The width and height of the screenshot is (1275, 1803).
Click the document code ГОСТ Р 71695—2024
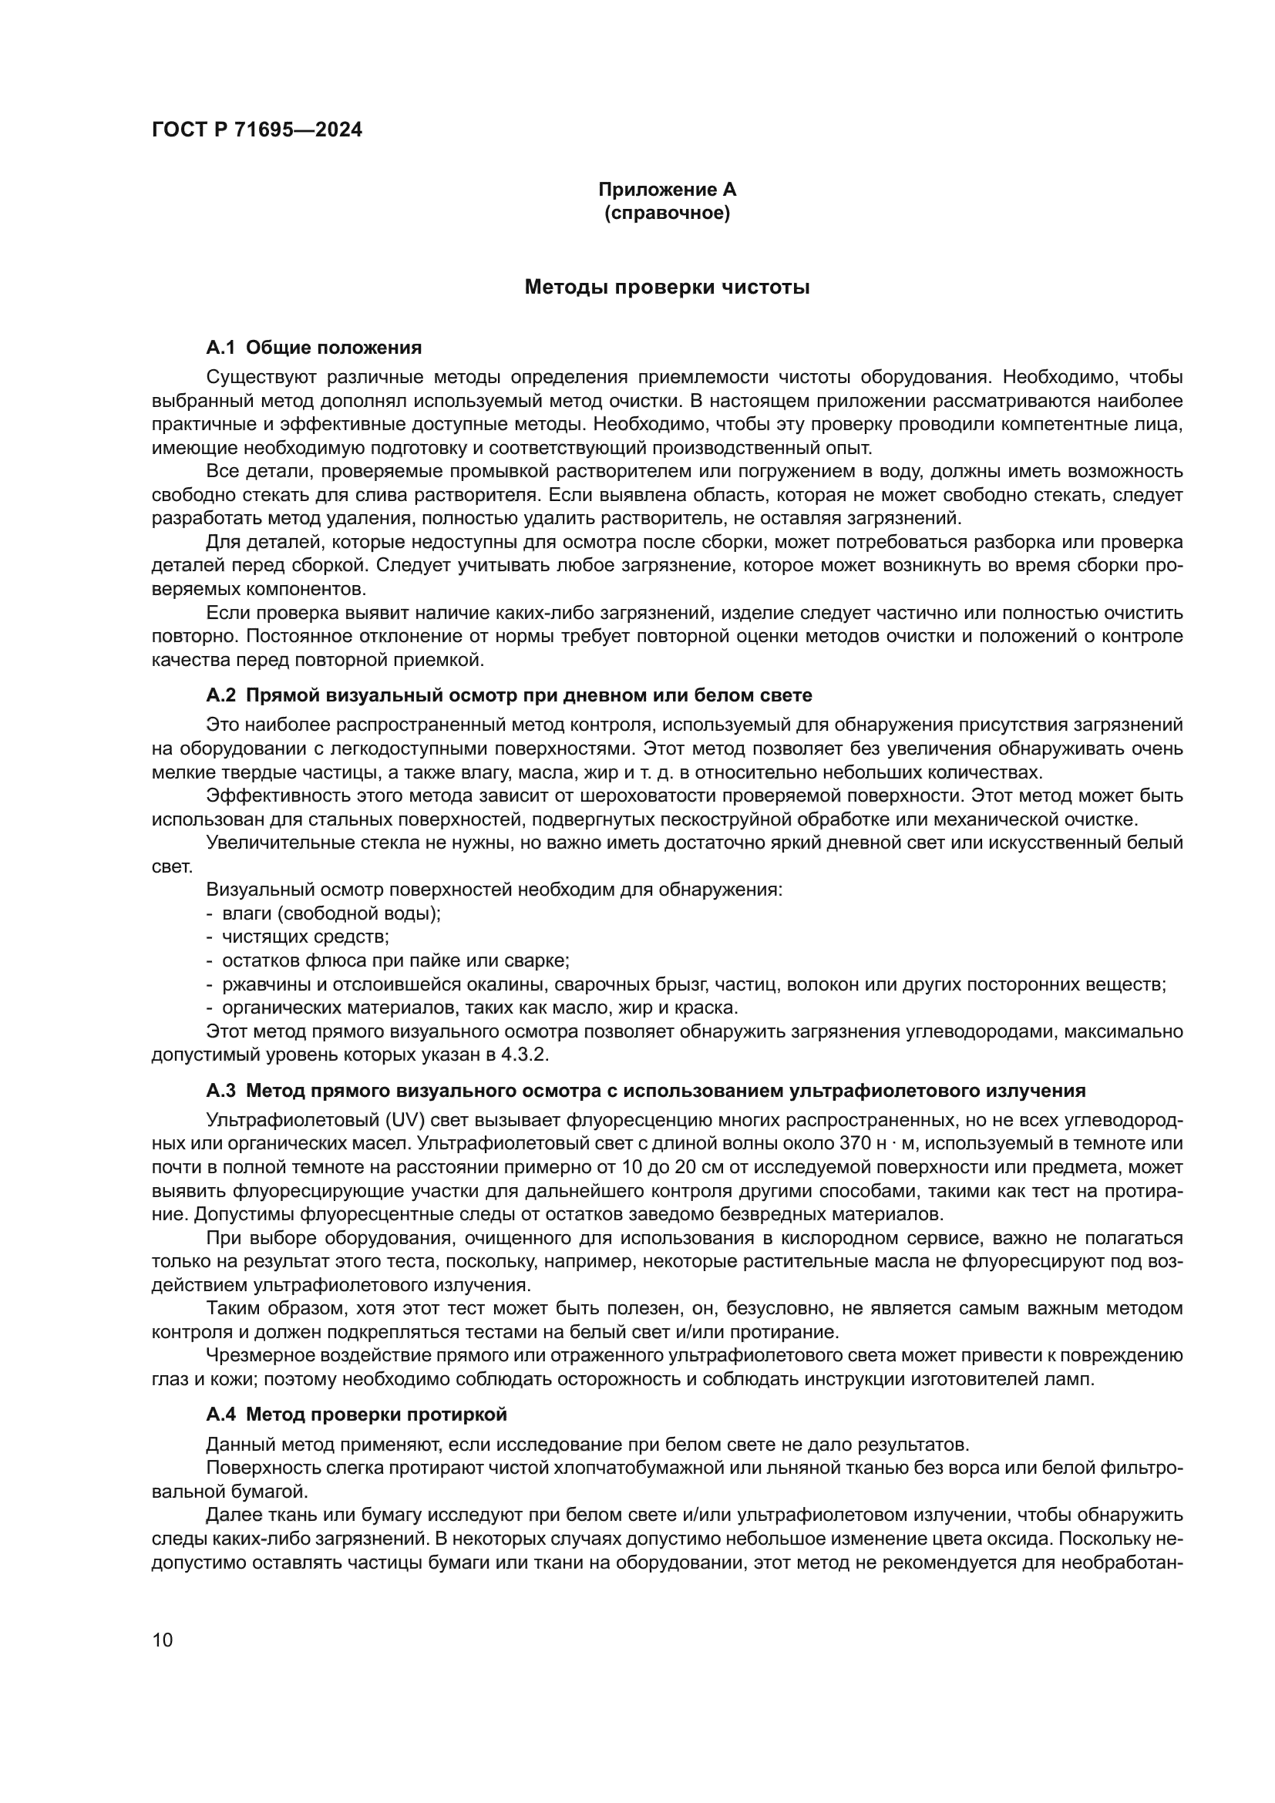(x=257, y=130)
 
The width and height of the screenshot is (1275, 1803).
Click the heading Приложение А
(x=667, y=190)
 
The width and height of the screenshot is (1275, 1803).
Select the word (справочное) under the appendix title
(x=667, y=213)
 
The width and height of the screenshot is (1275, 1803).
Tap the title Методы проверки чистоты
(x=667, y=288)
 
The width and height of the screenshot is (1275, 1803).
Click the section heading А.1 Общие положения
(x=313, y=348)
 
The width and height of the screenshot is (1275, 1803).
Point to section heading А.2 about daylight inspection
(x=509, y=695)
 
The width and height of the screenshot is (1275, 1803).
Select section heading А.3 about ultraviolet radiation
(x=645, y=1091)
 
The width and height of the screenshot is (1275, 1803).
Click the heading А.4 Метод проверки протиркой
(x=356, y=1414)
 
